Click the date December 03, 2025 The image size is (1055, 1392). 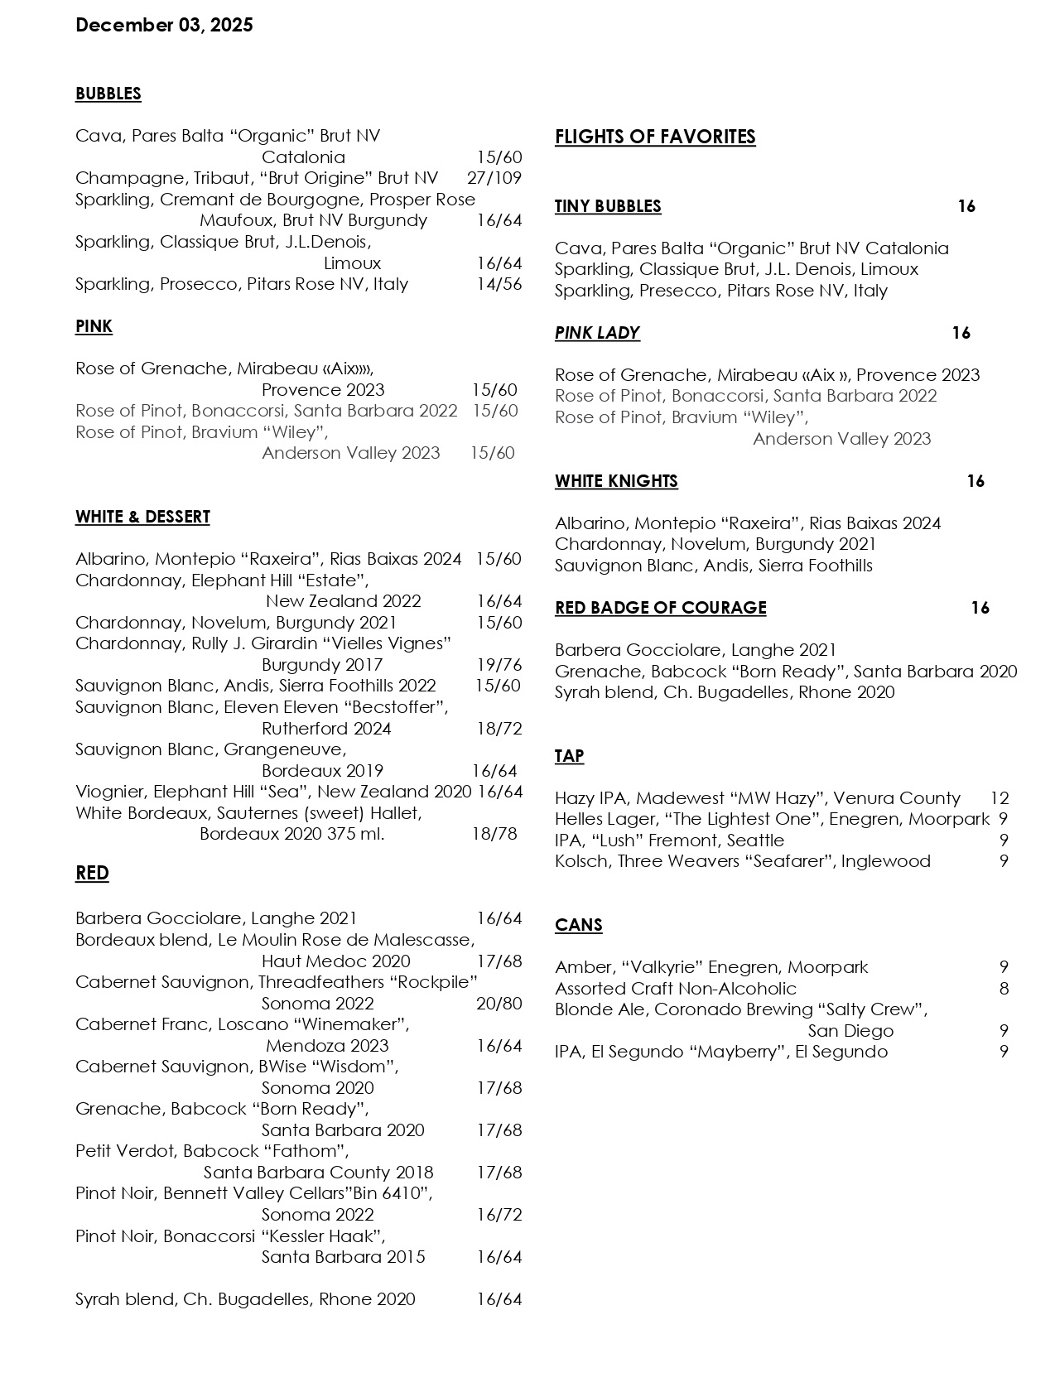click(x=164, y=26)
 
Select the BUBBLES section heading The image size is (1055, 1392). click(x=108, y=94)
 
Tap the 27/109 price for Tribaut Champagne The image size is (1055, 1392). click(x=494, y=178)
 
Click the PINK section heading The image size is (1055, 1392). click(x=94, y=326)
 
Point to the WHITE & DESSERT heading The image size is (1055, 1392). click(x=142, y=517)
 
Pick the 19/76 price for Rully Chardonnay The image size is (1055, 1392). click(x=499, y=665)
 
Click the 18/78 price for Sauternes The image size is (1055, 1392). click(x=494, y=834)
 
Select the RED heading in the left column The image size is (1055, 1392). click(x=92, y=874)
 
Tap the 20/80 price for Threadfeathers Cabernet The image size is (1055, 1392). click(x=499, y=1004)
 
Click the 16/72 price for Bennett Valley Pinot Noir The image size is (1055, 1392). click(x=499, y=1215)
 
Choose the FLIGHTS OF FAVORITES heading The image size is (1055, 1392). click(x=655, y=137)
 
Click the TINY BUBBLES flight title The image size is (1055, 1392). click(x=608, y=206)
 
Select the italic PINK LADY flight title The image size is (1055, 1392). click(x=597, y=333)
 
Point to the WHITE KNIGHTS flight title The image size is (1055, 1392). click(x=616, y=481)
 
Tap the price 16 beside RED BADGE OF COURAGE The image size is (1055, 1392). click(x=980, y=608)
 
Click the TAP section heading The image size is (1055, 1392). click(x=570, y=756)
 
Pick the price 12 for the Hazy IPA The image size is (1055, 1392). click(x=1000, y=798)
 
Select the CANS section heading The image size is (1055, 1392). click(x=579, y=925)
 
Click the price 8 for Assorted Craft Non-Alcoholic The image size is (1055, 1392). click(x=1004, y=989)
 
